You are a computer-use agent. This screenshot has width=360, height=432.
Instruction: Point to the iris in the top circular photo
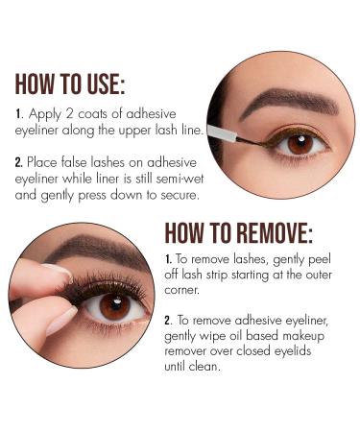pyautogui.click(x=299, y=144)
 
